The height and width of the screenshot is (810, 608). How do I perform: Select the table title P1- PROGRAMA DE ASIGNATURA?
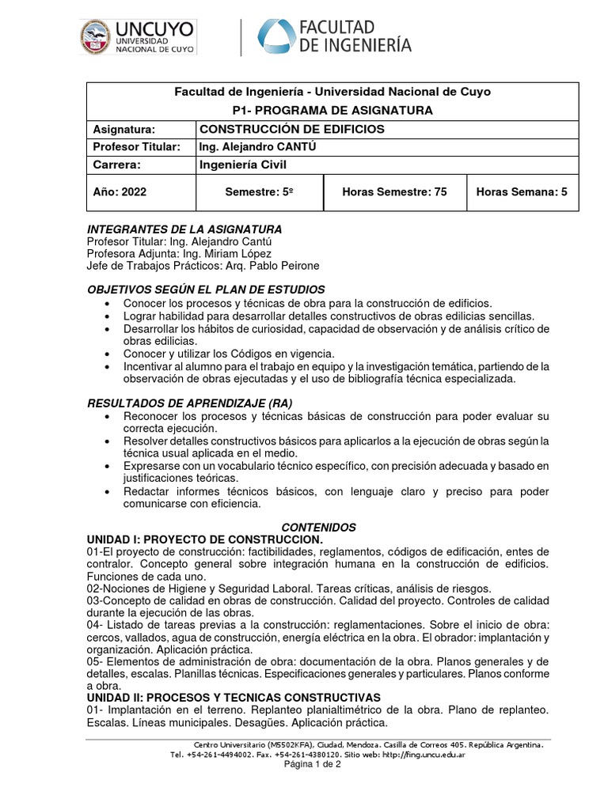point(332,111)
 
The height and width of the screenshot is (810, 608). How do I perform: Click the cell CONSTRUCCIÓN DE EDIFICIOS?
point(291,129)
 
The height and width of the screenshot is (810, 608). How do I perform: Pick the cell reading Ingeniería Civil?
point(241,165)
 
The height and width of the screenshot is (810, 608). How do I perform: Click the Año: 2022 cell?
point(120,191)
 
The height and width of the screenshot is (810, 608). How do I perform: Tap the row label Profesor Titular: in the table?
point(137,147)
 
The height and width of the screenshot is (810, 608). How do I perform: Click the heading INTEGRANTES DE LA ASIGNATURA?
point(184,229)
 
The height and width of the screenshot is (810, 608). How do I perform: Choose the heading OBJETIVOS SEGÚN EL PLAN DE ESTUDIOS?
point(205,290)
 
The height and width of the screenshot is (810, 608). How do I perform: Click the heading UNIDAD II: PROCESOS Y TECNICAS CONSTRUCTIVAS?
point(233,697)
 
